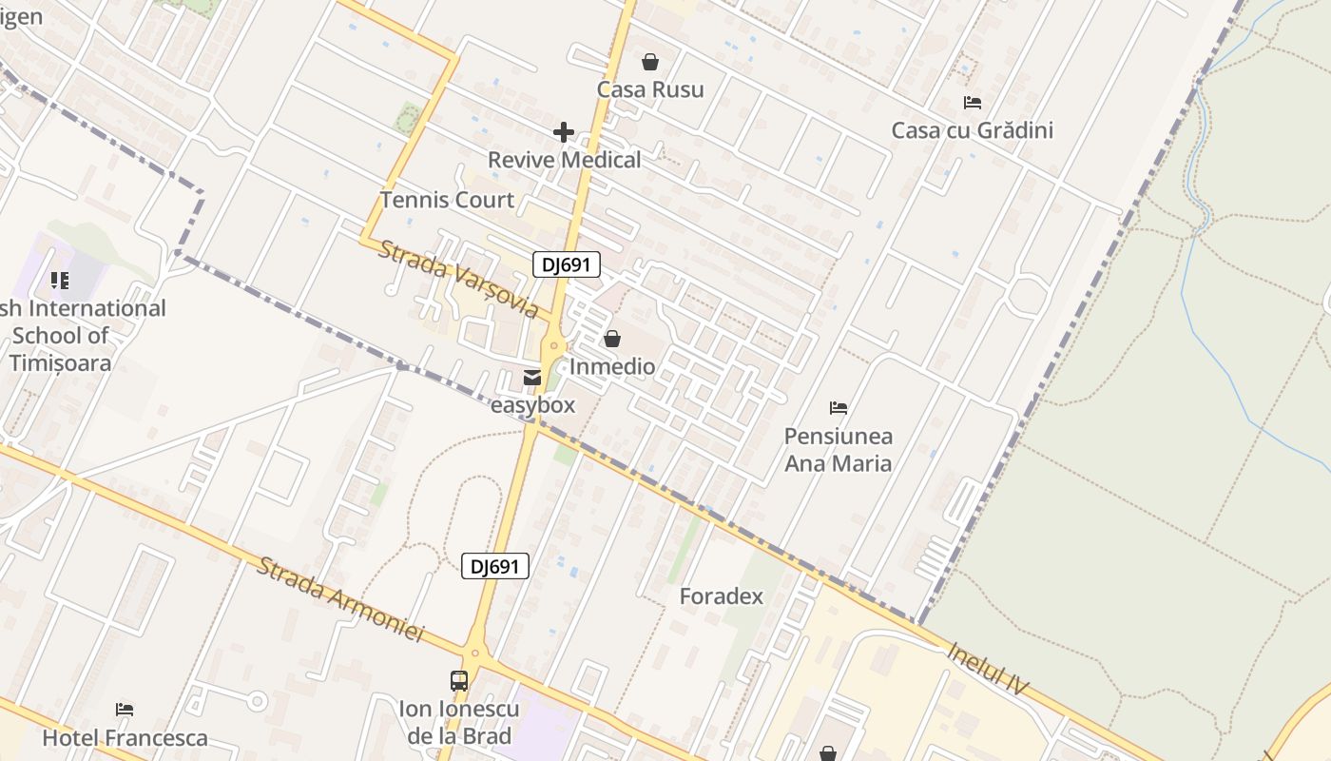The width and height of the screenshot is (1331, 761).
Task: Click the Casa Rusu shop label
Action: coord(650,89)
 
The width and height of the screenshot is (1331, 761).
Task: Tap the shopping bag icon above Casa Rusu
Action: coord(650,62)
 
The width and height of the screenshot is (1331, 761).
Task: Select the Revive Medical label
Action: coord(565,160)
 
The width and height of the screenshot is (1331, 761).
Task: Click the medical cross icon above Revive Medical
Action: coord(564,132)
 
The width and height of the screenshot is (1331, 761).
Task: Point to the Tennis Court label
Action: coord(447,200)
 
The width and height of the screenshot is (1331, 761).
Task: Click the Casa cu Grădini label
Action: coord(972,130)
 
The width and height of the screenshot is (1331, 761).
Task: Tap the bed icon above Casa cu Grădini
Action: coord(972,103)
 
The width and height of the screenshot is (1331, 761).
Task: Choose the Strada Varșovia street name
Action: coord(458,279)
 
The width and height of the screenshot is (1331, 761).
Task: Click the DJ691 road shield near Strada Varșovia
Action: coord(567,264)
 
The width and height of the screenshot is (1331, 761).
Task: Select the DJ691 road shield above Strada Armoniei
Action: coord(495,566)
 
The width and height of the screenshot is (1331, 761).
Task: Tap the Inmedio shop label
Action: coord(612,366)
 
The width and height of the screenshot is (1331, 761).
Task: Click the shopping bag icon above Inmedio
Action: coord(612,339)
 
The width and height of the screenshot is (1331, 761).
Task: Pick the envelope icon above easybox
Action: coord(532,378)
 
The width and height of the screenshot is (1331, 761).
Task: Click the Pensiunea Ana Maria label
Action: coord(838,450)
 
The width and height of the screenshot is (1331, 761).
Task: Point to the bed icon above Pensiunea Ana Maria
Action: coord(838,408)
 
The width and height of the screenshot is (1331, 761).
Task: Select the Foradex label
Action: coord(721,596)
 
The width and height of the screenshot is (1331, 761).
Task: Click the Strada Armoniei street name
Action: coord(339,600)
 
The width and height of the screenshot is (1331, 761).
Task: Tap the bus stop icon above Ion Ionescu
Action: coord(459,681)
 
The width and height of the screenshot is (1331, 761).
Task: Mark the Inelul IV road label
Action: coord(989,669)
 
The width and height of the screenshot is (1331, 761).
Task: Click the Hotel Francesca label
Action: coord(125,737)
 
